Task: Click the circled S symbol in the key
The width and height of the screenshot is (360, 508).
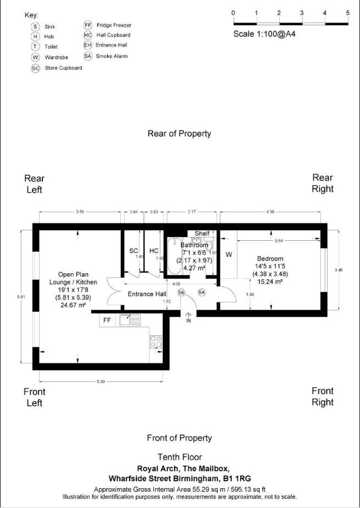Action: click(x=36, y=26)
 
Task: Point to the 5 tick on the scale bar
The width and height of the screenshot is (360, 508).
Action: click(x=347, y=13)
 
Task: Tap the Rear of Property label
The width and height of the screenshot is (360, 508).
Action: click(x=179, y=134)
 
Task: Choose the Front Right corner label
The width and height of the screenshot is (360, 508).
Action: click(x=322, y=396)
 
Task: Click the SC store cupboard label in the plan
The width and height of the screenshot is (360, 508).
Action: click(x=133, y=251)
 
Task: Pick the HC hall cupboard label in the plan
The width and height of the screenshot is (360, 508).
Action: click(x=154, y=251)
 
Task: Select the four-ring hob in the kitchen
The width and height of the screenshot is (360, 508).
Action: click(x=156, y=341)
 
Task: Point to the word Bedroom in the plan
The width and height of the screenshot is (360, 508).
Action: click(x=270, y=258)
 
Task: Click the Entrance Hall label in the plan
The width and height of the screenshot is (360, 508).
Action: click(x=147, y=294)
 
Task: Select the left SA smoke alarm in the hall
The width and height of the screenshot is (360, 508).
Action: click(x=181, y=292)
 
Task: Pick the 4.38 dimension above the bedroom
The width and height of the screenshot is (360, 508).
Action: click(x=270, y=211)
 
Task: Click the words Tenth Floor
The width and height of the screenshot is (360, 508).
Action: click(x=179, y=457)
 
